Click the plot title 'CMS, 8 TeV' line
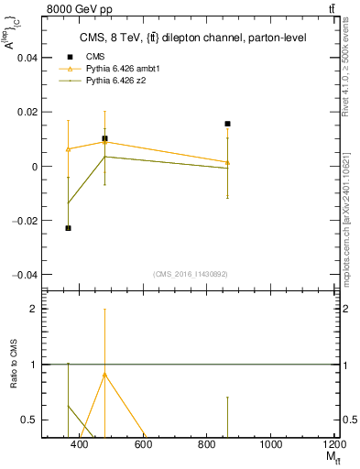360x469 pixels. (192, 38)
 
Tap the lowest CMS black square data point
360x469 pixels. (68, 228)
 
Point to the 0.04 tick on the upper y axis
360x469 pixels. (27, 58)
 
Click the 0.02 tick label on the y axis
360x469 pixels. (27, 112)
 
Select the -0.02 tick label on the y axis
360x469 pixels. (25, 221)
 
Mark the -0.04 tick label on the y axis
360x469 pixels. (25, 275)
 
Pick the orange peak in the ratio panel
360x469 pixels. (104, 374)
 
